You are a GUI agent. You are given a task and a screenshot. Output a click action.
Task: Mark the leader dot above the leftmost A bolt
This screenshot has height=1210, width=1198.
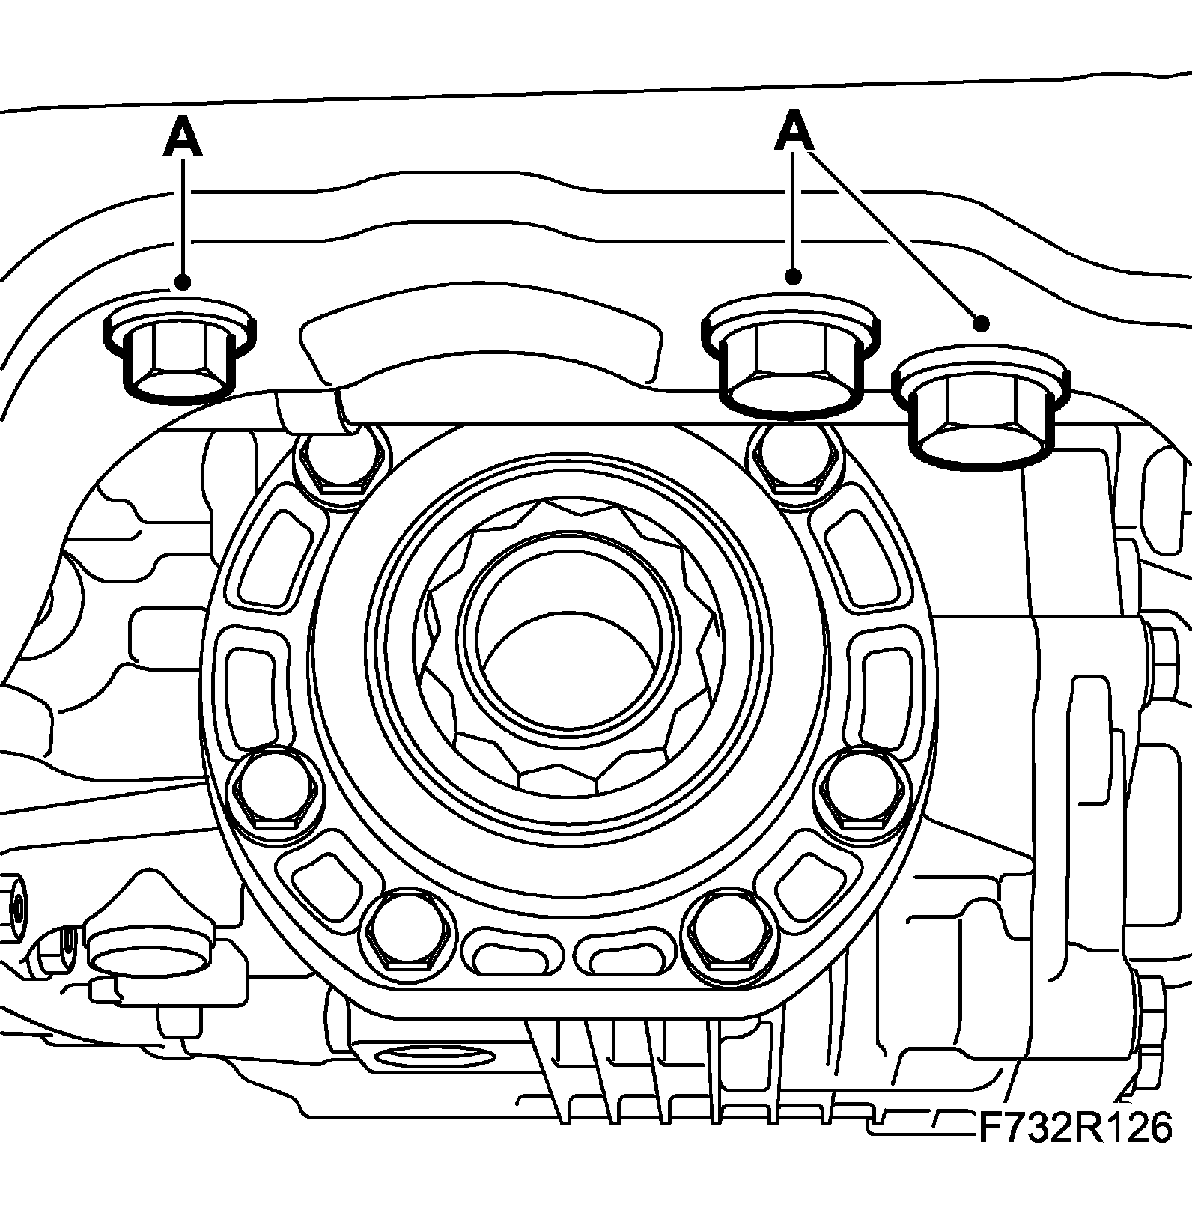point(183,282)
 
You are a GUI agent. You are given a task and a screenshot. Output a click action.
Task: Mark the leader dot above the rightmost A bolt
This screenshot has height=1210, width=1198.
point(982,323)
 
